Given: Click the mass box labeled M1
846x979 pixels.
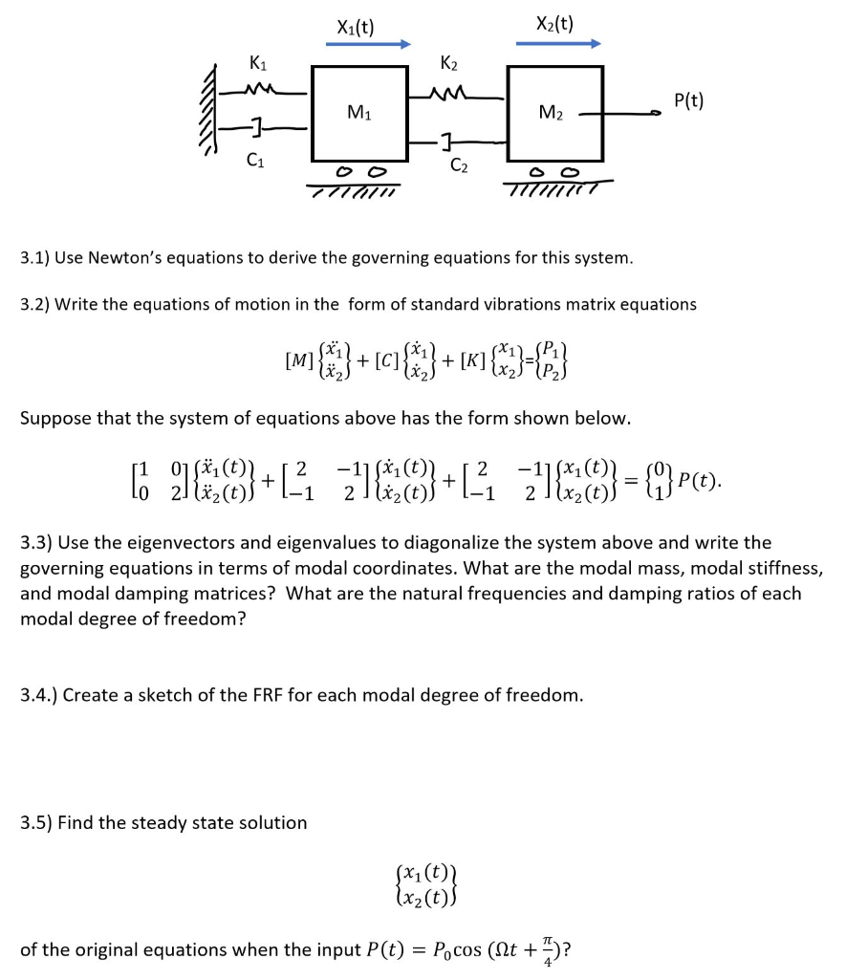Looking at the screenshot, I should tap(355, 114).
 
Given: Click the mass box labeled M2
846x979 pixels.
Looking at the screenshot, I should tap(554, 114).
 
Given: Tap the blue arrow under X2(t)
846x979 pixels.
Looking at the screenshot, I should tap(558, 43).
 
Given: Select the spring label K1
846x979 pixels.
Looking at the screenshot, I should tap(257, 65).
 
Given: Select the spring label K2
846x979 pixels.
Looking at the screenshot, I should tap(448, 65).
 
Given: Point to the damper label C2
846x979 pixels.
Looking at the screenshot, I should tap(460, 164).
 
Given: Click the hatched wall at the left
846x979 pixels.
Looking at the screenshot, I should tap(206, 120).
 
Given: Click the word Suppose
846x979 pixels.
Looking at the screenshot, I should tap(54, 419).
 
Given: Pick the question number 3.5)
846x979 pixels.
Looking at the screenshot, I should tap(35, 822).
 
